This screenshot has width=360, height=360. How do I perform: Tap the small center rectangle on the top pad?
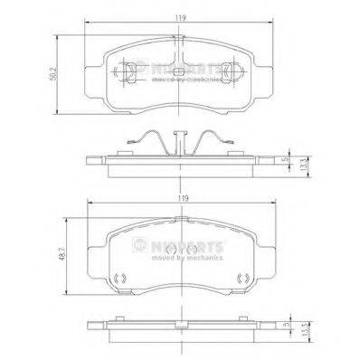tap(180, 71)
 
